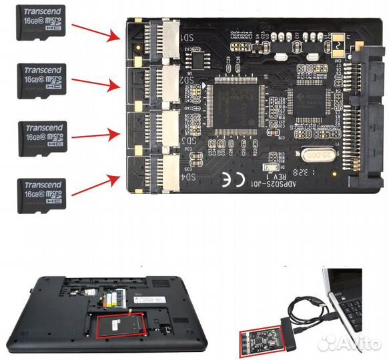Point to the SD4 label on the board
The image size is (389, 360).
click(189, 177)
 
